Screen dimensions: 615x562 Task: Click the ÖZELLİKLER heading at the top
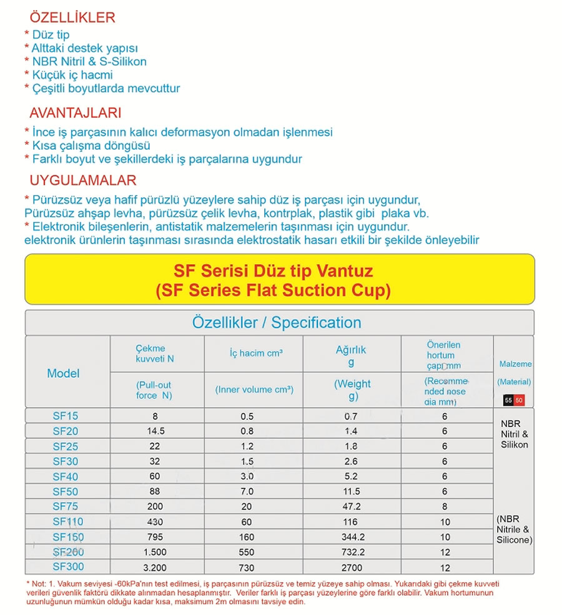pos(72,17)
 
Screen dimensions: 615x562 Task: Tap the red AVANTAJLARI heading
pos(76,114)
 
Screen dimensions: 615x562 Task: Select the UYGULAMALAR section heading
pos(83,181)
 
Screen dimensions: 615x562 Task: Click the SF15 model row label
pos(66,416)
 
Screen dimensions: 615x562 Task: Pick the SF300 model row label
pos(68,567)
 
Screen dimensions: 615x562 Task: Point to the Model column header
pos(64,373)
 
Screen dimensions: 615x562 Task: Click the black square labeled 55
pos(508,400)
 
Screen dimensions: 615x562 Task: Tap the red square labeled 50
pos(520,400)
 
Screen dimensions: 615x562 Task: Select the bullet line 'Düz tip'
pos(50,35)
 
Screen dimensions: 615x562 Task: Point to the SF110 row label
pos(68,522)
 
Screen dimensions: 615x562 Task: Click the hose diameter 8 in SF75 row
pos(445,507)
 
